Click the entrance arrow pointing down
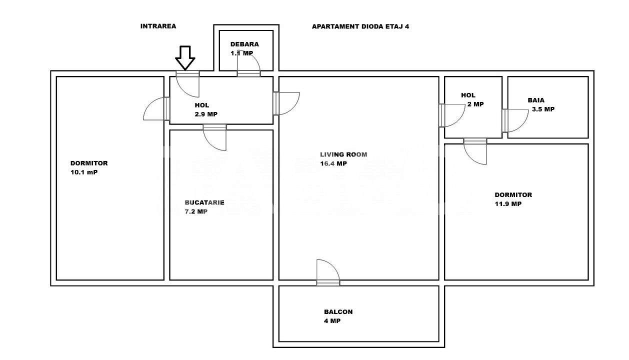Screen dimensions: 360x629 pos(185,57)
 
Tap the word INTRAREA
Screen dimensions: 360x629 pos(158,26)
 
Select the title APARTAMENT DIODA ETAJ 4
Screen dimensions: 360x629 pos(360,26)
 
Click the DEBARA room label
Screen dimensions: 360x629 pos(244,44)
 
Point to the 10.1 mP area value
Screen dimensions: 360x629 pos(84,172)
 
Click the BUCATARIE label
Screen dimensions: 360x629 pos(204,202)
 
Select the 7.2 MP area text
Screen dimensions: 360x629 pos(196,211)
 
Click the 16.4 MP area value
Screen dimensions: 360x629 pos(333,163)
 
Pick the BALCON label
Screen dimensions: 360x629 pos(338,311)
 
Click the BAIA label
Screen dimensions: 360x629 pos(536,100)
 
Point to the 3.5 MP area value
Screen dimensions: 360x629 pos(542,109)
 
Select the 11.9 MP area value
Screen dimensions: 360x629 pos(508,204)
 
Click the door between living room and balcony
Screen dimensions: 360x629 pos(328,274)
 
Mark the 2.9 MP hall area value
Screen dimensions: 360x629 pos(206,114)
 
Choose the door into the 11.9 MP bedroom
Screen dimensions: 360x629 pos(475,150)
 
